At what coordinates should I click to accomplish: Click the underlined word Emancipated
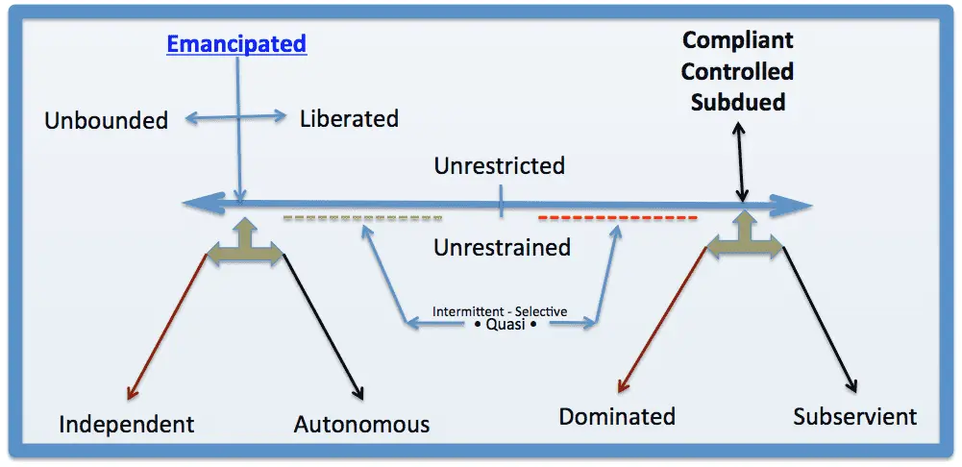(236, 44)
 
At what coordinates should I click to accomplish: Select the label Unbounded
(106, 120)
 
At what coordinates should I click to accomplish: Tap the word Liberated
(349, 119)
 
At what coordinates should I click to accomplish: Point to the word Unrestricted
(499, 165)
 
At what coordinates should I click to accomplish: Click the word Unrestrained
(502, 247)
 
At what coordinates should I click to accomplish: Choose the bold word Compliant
(737, 41)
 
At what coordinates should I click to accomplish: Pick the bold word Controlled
(737, 71)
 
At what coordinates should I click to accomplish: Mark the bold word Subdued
(737, 101)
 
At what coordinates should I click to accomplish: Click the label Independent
(127, 424)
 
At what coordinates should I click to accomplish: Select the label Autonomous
(361, 424)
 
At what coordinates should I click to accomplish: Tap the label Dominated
(617, 416)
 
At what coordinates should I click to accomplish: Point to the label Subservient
(854, 416)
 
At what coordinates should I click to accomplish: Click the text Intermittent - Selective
(499, 311)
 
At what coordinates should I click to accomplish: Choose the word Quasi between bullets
(500, 325)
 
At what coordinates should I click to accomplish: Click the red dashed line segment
(617, 218)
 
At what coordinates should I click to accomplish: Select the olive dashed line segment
(362, 218)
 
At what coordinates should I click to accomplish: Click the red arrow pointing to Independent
(167, 327)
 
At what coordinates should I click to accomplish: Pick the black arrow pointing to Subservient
(820, 322)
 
